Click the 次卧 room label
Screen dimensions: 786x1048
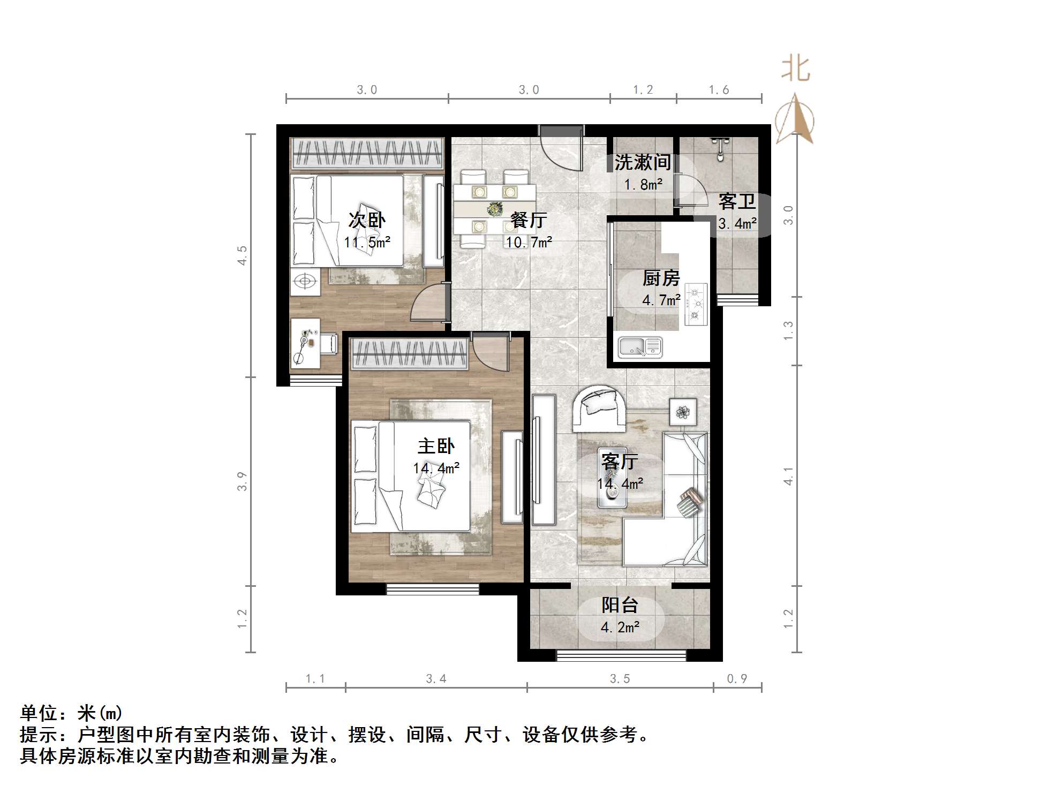pos(367,220)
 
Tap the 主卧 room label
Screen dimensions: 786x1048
pos(436,446)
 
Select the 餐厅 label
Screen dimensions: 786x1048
pos(529,220)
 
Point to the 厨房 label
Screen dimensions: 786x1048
pos(661,278)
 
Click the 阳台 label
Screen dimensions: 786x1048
pos(620,605)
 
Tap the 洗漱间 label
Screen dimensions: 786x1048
pos(642,162)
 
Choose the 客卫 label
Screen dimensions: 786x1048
pos(737,202)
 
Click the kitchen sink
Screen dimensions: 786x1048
pos(640,346)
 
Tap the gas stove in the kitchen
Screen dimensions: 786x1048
pos(695,304)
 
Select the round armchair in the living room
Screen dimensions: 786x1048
pos(598,409)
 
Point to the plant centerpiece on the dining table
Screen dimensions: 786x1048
pos(494,209)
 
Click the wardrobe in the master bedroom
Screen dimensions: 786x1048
pos(410,353)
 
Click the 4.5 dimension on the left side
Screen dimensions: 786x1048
pos(243,255)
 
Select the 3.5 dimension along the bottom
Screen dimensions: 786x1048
pos(620,679)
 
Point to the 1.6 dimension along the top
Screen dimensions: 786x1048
pos(719,90)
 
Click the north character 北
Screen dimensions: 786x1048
pos(795,70)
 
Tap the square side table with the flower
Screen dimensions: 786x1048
pos(683,412)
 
